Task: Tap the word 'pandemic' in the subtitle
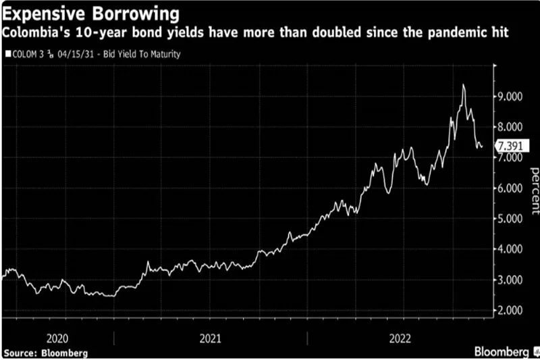[x=446, y=32]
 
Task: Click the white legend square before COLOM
[x=7, y=53]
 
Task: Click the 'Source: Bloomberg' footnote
[x=46, y=353]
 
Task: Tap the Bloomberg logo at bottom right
[x=504, y=352]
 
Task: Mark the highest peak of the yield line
[x=463, y=84]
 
